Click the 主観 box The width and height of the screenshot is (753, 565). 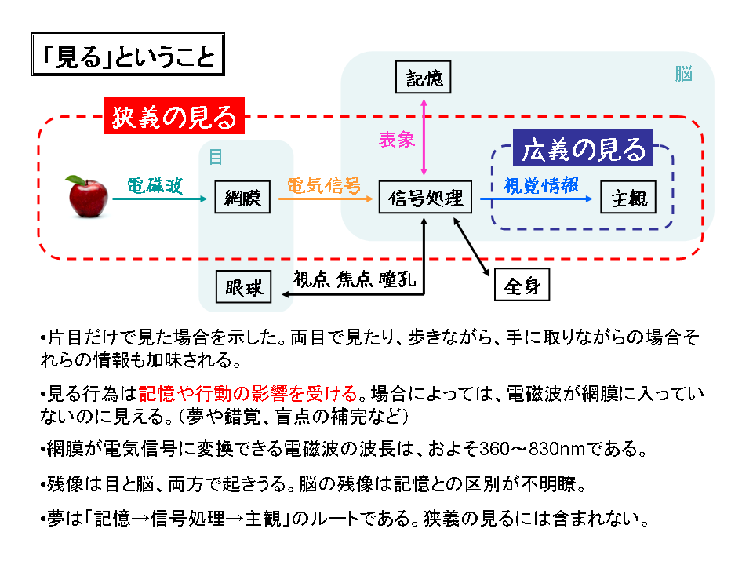(628, 199)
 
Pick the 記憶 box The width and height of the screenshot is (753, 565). (424, 78)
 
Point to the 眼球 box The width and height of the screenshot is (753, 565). (243, 287)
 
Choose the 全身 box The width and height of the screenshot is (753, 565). (522, 286)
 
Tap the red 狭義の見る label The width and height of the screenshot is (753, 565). (174, 117)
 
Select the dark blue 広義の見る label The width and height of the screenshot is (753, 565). (584, 148)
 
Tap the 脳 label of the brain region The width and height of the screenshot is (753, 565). (683, 75)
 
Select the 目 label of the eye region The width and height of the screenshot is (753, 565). (215, 156)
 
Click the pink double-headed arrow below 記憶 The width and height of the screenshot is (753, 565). (424, 137)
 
